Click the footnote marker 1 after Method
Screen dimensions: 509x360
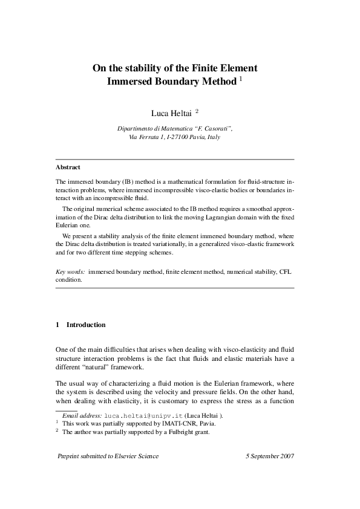[x=240, y=79]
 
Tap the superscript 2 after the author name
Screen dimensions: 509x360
[x=197, y=111]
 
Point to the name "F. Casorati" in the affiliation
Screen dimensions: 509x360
[x=211, y=129]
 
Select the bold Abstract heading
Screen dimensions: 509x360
[x=68, y=167]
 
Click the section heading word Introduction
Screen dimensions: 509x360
[x=86, y=325]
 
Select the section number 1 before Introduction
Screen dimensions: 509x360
[x=57, y=325]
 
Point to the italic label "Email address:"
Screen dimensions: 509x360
[x=82, y=416]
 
